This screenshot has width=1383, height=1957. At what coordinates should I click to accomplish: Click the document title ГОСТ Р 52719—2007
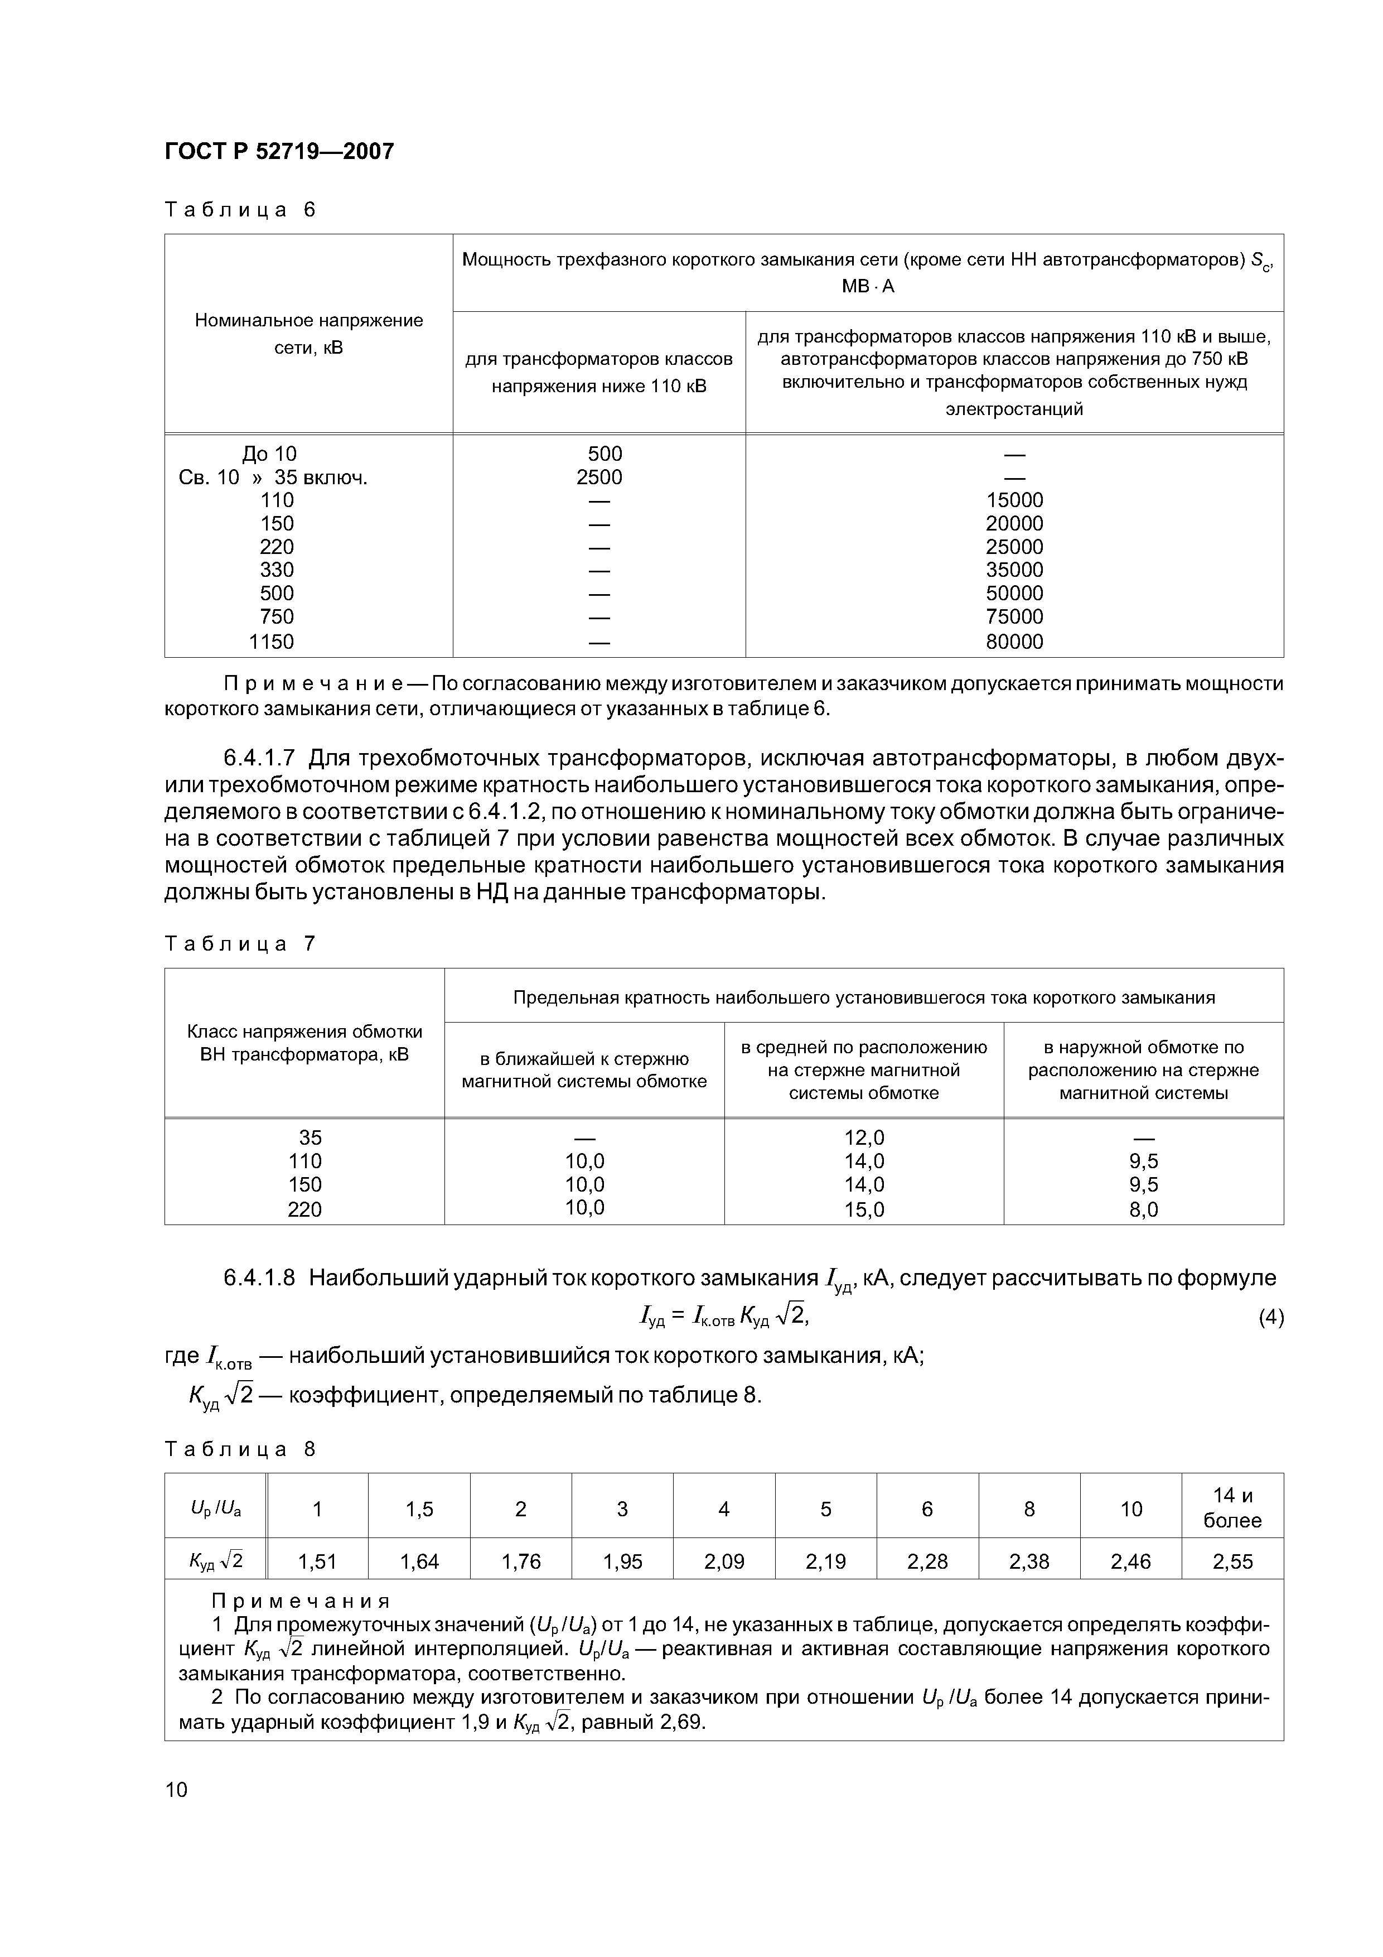(x=279, y=152)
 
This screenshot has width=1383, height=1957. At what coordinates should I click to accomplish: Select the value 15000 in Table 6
(x=1014, y=500)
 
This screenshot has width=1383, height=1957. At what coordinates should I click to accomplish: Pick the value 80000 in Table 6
(x=1014, y=642)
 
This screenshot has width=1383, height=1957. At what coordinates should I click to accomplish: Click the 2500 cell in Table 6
(x=599, y=478)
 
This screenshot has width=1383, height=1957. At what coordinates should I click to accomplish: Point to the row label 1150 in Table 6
(x=271, y=642)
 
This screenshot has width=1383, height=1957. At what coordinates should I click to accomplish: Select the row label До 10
(x=270, y=454)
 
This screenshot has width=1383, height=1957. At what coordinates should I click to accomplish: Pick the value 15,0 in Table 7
(x=864, y=1209)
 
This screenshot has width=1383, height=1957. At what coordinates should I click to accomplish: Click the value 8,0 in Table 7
(x=1144, y=1209)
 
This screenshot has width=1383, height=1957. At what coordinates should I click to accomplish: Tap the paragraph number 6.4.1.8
(x=259, y=1278)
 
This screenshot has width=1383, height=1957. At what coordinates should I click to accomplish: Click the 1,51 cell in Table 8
(x=317, y=1561)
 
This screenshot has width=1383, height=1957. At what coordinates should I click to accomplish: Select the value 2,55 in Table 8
(x=1232, y=1561)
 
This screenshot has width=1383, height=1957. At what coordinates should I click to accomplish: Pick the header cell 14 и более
(x=1232, y=1508)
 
